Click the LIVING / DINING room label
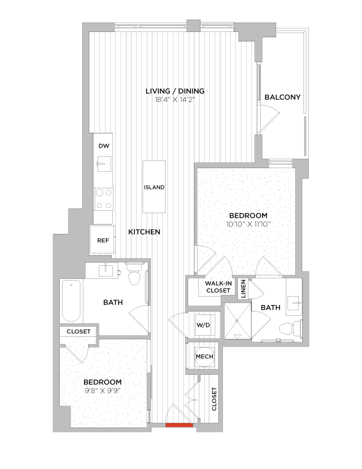pos(175,91)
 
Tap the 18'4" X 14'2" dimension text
pos(175,99)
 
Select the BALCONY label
pos(282,97)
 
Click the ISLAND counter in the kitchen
pos(154,187)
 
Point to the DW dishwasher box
pos(104,146)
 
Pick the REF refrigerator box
pos(103,240)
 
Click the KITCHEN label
pos(144,232)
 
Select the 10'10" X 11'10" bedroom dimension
pos(248,224)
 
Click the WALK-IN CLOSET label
pos(218,287)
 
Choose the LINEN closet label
pos(244,288)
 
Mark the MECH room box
pos(203,357)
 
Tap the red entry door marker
pos(179,425)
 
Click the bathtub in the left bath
pos(71,301)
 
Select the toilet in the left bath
pos(134,276)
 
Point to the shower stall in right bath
pos(237,321)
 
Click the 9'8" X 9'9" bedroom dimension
pos(102,391)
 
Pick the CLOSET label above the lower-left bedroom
pos(79,332)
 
